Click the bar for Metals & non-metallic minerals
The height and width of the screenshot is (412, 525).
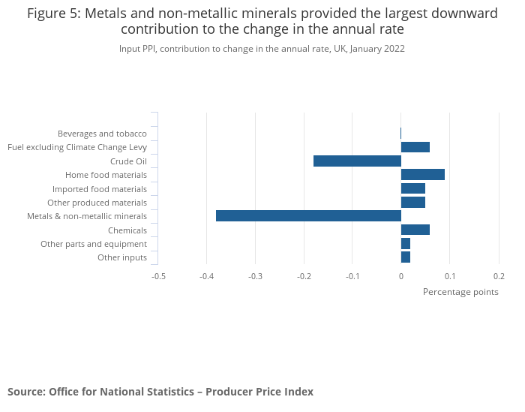coord(308,216)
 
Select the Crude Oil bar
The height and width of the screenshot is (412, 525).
coord(357,161)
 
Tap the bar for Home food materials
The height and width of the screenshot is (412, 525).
coord(423,175)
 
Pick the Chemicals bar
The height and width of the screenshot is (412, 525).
coord(415,230)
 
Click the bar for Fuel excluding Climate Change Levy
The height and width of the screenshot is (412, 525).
coord(415,147)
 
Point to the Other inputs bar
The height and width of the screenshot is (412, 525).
coord(406,257)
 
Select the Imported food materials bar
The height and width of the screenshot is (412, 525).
coord(413,188)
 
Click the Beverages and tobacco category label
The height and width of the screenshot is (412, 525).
coord(102,134)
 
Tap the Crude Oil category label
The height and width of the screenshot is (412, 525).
coord(128,161)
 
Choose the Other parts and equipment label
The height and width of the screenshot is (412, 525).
coord(94,244)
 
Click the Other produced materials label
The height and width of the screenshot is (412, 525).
coord(97,203)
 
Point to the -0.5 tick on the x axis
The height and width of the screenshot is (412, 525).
coord(158,276)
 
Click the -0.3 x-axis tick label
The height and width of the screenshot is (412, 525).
coord(256,276)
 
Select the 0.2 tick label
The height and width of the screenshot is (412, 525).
coord(499,276)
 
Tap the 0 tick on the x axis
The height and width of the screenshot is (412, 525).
coord(401,276)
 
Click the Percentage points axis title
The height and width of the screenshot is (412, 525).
coord(460,292)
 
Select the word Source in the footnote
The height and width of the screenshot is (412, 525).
coord(25,392)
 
